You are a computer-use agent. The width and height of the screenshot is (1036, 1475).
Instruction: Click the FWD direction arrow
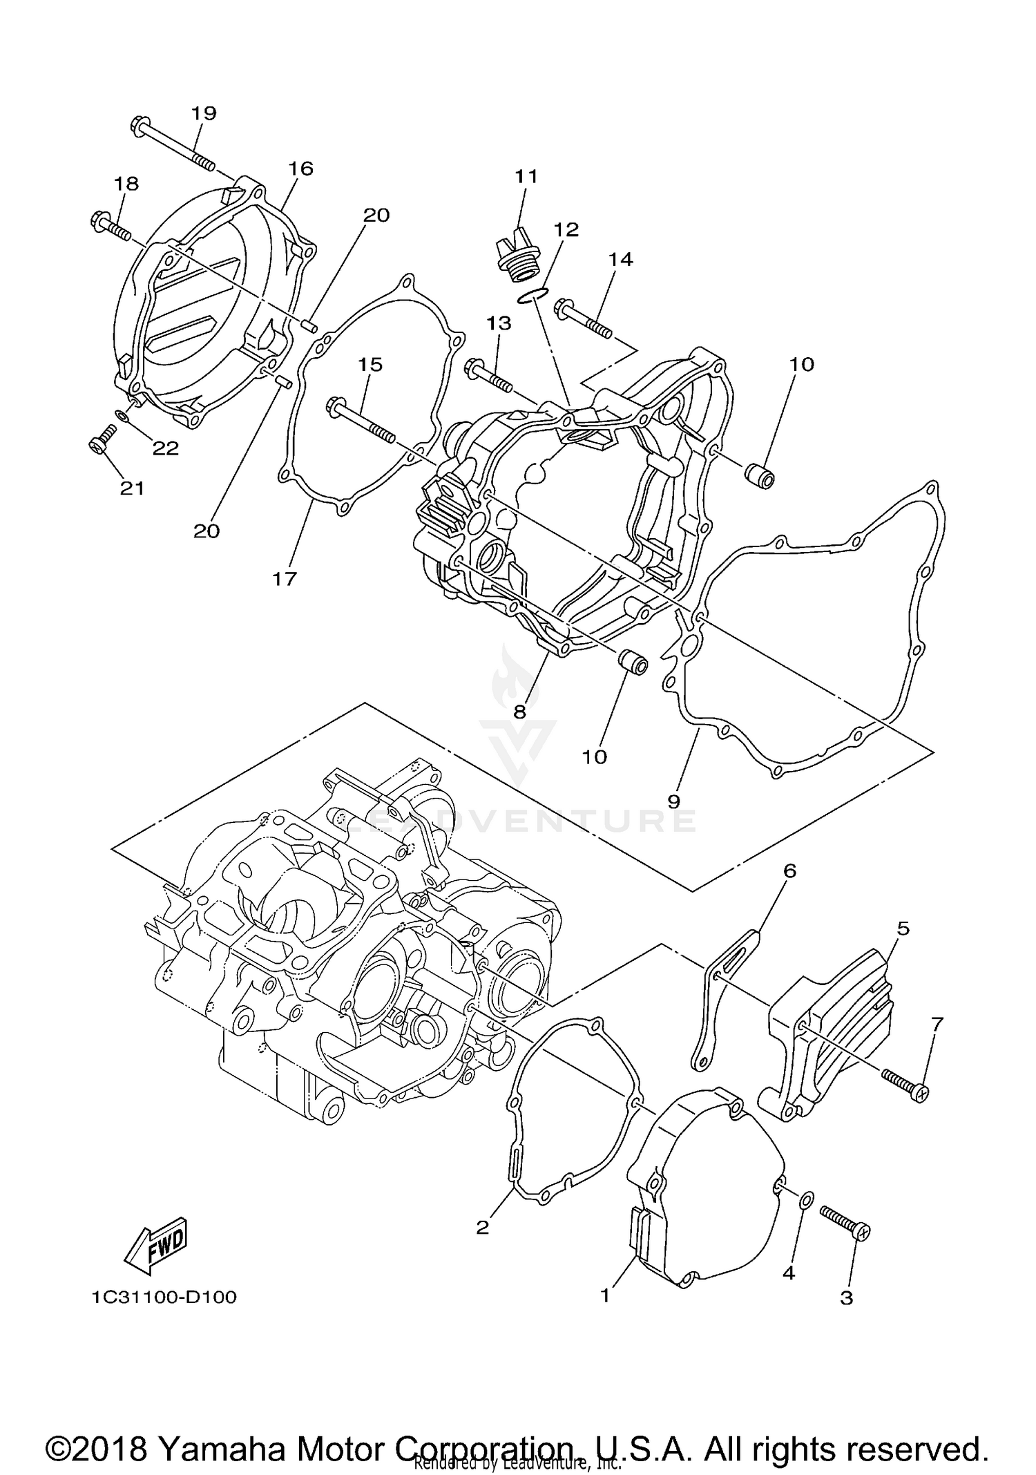pyautogui.click(x=155, y=1246)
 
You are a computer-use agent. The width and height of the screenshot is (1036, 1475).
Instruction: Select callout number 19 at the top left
pyautogui.click(x=204, y=113)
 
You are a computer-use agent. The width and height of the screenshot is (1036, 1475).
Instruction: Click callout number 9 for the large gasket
pyautogui.click(x=674, y=801)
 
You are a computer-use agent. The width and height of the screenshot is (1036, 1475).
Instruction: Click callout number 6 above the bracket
pyautogui.click(x=789, y=870)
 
